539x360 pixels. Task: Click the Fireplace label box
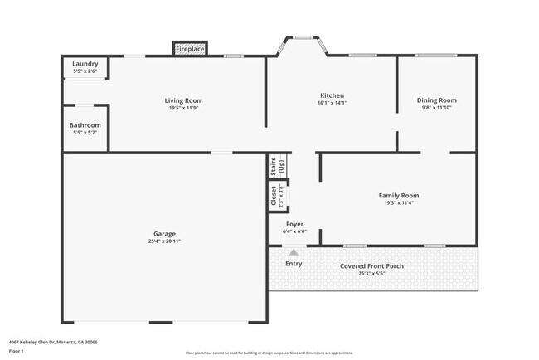point(190,50)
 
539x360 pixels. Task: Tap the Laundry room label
point(85,64)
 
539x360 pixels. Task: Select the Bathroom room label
point(85,125)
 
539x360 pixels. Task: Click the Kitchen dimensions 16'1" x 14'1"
point(332,104)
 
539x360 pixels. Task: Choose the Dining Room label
point(436,100)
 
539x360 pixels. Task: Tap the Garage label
point(164,233)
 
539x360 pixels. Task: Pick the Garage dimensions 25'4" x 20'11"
point(164,241)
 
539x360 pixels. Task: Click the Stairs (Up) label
point(277,166)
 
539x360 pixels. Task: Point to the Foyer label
point(294,224)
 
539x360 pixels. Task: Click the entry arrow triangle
point(293,252)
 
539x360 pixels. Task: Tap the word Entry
point(294,264)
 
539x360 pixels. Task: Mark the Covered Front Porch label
point(372,266)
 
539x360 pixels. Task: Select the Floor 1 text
point(17,350)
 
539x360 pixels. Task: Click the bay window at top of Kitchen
point(304,37)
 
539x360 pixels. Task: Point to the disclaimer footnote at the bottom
point(269,353)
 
